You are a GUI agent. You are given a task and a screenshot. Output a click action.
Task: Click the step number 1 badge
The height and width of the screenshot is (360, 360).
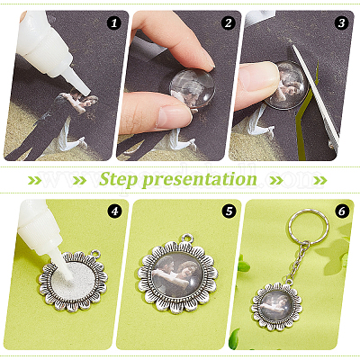coord(113,23)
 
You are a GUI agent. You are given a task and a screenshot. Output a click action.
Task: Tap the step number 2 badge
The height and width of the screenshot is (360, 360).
coord(228,23)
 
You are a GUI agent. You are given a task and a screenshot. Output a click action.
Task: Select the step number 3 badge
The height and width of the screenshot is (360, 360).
coord(341,23)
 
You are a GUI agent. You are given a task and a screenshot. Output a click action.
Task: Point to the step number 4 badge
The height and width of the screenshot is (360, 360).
coord(113,211)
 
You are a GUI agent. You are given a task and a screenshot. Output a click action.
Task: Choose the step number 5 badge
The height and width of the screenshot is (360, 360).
coord(229,211)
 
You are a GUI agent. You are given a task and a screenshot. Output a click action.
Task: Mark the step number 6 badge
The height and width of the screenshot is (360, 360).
coord(341,211)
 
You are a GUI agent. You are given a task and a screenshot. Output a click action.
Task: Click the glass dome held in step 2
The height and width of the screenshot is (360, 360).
coord(192,87)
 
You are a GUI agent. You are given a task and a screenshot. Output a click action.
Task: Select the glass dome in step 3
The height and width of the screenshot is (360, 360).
coord(286,85)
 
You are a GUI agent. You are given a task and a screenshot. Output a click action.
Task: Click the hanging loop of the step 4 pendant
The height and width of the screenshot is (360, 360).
coord(95,255)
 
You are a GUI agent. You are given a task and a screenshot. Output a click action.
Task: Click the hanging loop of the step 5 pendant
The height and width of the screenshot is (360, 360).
coord(188,238)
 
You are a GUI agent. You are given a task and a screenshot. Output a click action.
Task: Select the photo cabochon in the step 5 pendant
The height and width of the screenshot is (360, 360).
coord(178,275)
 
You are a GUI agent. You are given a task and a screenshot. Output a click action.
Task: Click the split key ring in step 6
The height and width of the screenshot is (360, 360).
coord(309,226)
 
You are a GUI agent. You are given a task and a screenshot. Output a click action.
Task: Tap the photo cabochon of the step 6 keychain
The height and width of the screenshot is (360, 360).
coord(276,306)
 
